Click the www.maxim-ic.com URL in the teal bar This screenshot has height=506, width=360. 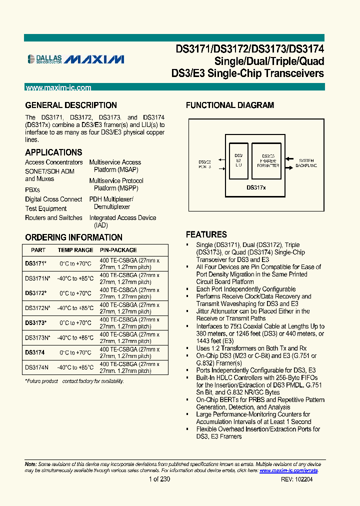58,87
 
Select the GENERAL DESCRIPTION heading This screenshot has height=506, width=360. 71,105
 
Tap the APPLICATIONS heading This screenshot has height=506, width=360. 53,152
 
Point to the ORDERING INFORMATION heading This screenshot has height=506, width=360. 73,237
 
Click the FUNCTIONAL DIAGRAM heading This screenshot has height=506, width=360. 230,105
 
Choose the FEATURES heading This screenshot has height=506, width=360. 206,234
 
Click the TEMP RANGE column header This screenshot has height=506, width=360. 75,250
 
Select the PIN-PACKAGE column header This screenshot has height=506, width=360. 118,250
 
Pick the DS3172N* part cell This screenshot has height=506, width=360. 37,308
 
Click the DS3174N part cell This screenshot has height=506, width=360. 36,367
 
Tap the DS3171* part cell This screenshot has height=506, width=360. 35,263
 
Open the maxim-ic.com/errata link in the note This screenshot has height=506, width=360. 288,470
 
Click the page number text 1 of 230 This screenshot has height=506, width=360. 159,479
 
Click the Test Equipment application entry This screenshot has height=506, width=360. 46,208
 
